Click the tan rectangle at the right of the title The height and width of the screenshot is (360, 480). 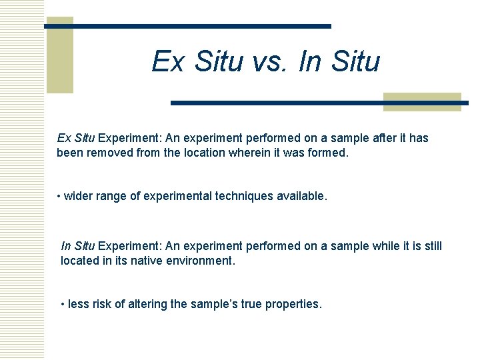422,101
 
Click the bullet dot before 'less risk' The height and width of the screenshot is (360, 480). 63,304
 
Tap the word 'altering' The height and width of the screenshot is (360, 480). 147,304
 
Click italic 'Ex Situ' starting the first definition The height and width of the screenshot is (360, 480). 76,138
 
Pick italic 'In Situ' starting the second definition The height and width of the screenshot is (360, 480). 77,246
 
